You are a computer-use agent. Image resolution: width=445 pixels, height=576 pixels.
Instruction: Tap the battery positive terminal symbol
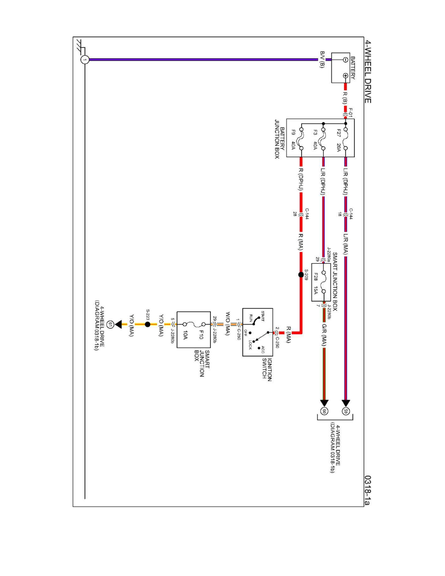[x=346, y=76]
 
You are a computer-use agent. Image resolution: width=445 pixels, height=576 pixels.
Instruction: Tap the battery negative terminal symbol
[x=346, y=60]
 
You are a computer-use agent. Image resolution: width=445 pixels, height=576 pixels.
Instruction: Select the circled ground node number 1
[x=85, y=60]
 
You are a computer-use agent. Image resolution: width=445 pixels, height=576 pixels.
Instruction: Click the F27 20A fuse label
[x=339, y=140]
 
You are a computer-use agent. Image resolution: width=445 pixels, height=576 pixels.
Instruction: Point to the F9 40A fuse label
[x=293, y=140]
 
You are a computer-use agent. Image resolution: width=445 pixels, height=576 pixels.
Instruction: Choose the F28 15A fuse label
[x=316, y=283]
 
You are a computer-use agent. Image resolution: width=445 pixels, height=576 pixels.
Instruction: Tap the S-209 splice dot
[x=301, y=275]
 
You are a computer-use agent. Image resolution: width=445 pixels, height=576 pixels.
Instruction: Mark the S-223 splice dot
[x=147, y=324]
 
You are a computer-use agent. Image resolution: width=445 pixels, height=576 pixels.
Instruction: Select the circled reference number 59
[x=346, y=412]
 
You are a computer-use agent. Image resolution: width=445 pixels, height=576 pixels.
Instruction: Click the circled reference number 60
[x=324, y=412]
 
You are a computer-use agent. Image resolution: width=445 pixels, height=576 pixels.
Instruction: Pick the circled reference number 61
[x=109, y=324]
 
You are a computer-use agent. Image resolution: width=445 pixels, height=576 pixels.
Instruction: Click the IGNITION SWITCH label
[x=267, y=370]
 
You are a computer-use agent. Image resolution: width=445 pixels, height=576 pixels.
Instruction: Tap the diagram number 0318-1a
[x=367, y=490]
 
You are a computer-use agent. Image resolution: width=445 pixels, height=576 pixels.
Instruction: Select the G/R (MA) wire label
[x=323, y=335]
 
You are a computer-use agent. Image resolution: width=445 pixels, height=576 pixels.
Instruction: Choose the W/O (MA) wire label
[x=228, y=323]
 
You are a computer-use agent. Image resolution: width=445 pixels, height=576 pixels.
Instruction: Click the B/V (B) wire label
[x=322, y=60]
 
